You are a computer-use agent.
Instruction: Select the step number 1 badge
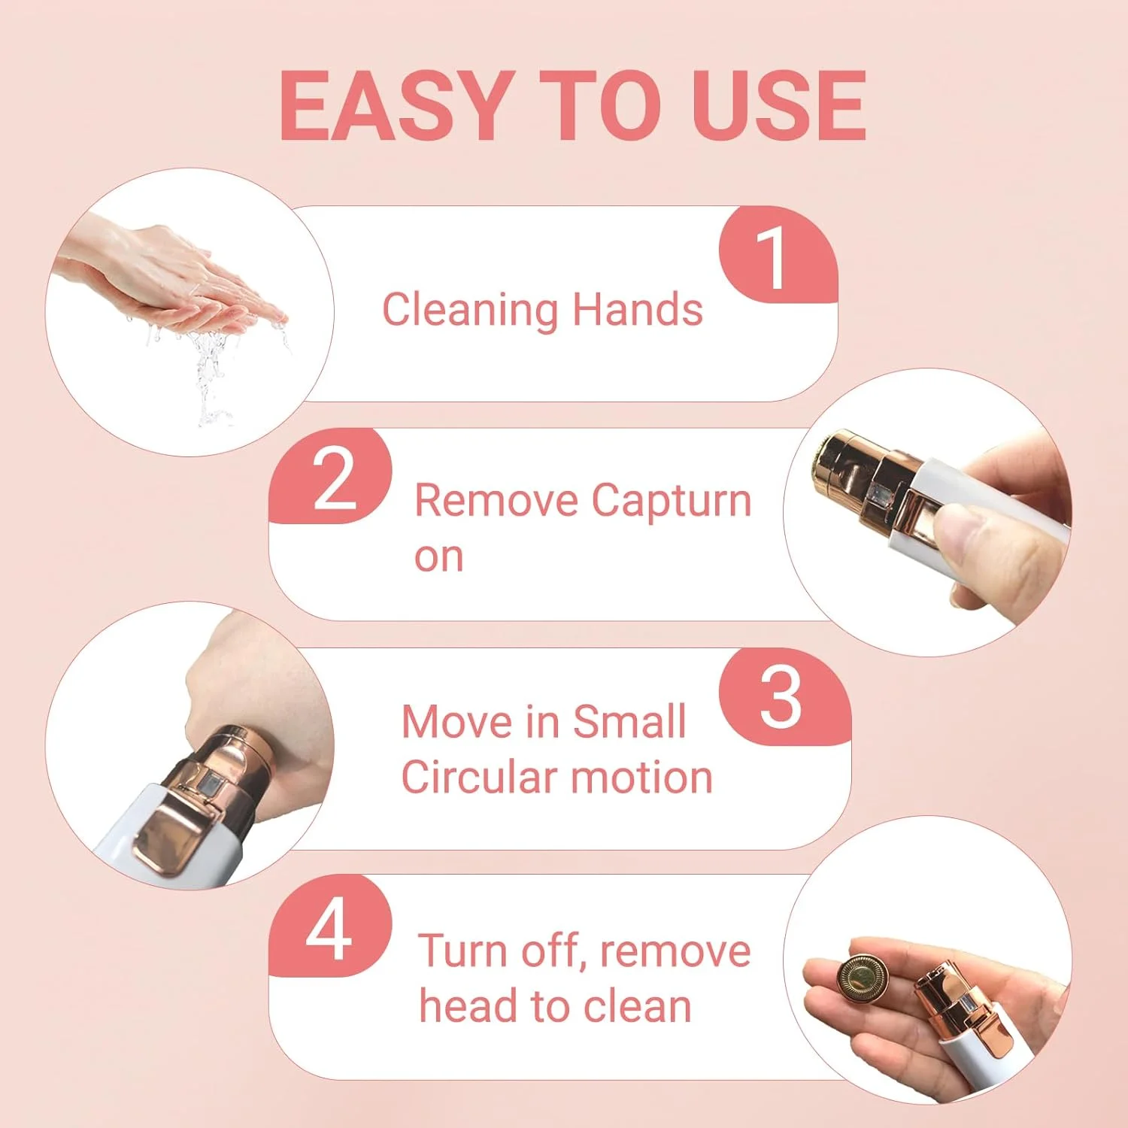point(778,255)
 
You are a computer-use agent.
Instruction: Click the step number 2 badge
point(331,476)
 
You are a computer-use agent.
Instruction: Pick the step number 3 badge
point(784,697)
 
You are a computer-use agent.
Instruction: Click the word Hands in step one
point(638,309)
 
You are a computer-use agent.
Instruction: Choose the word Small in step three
point(629,721)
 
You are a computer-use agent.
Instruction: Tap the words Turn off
point(500,951)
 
